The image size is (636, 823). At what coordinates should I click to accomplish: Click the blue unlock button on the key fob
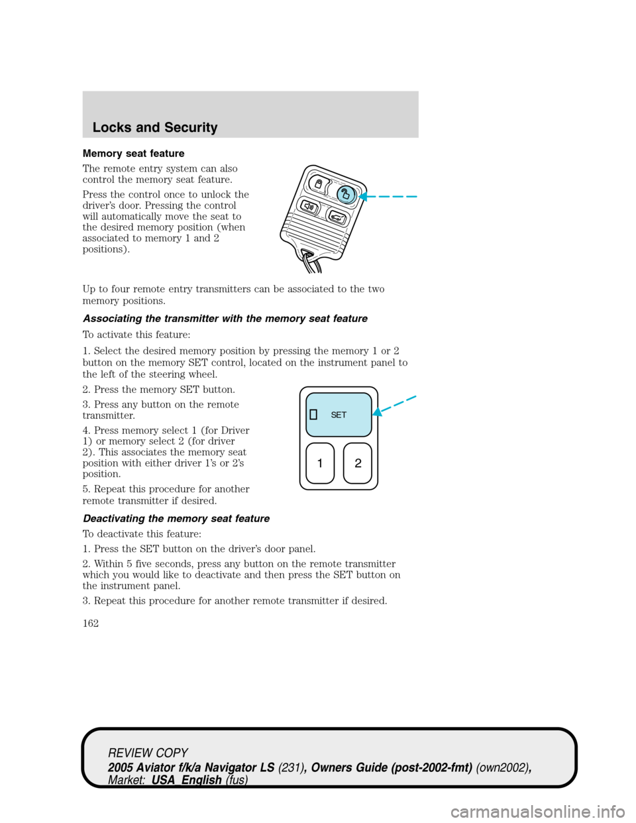pos(345,193)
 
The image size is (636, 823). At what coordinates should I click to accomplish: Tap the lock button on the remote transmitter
pos(319,183)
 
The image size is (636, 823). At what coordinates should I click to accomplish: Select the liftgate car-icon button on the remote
pos(337,217)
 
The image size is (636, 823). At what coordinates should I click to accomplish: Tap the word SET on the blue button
pos(339,415)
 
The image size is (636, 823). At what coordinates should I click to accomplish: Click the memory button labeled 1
pos(320,463)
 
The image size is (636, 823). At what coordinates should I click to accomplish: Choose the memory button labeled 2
pos(358,463)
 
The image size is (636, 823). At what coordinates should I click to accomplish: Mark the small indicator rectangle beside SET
pos(314,415)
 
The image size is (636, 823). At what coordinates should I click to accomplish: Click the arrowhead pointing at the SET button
pos(377,412)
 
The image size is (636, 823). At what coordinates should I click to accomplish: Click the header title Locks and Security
pos(155,127)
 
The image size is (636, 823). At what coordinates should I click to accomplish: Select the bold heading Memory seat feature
pos(133,153)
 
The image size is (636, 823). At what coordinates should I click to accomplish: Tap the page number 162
pos(91,623)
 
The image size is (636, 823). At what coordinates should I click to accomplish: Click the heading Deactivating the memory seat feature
pos(176,519)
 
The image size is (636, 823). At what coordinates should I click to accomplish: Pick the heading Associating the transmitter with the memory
pos(225,319)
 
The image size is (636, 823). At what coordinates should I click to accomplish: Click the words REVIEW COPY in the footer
pos(148,753)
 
